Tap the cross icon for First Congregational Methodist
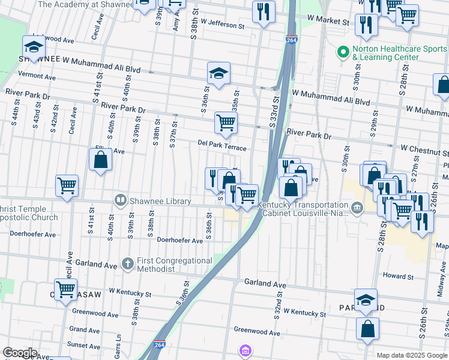click(127, 263)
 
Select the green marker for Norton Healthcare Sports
click(343, 53)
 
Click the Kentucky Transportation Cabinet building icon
click(357, 209)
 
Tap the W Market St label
click(328, 21)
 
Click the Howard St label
click(399, 276)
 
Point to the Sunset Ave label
click(84, 345)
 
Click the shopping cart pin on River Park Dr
click(226, 123)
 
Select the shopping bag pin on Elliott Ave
click(100, 160)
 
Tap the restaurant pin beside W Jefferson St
click(264, 12)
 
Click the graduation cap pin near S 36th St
click(218, 73)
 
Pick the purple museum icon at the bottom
click(245, 350)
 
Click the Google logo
click(20, 353)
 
